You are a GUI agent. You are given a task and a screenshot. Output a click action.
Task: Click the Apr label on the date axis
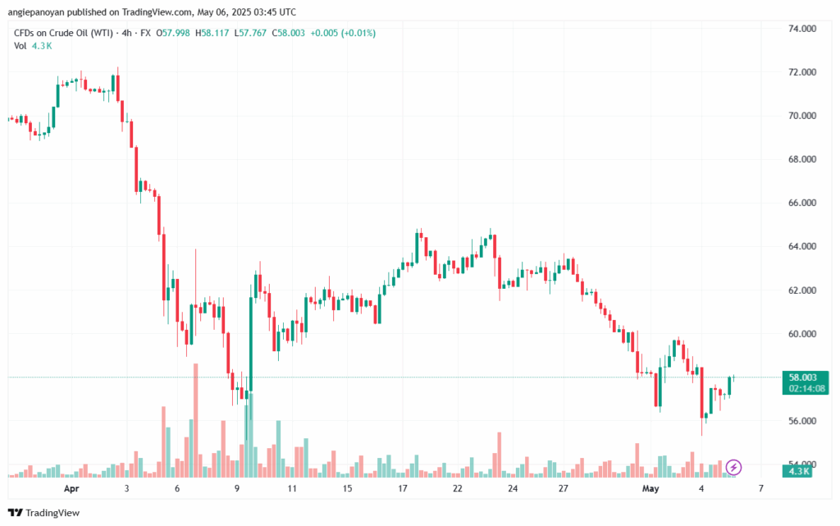tap(71, 488)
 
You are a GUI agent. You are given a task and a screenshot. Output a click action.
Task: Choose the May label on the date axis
tap(651, 488)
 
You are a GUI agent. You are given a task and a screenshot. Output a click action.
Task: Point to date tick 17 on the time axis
tap(404, 488)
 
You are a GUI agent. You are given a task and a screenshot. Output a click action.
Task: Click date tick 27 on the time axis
tap(564, 488)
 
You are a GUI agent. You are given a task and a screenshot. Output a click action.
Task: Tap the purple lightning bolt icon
tap(734, 467)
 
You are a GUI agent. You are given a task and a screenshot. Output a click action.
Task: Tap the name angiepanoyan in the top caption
tap(46, 12)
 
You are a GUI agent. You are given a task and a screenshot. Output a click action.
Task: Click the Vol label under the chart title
tap(21, 45)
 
